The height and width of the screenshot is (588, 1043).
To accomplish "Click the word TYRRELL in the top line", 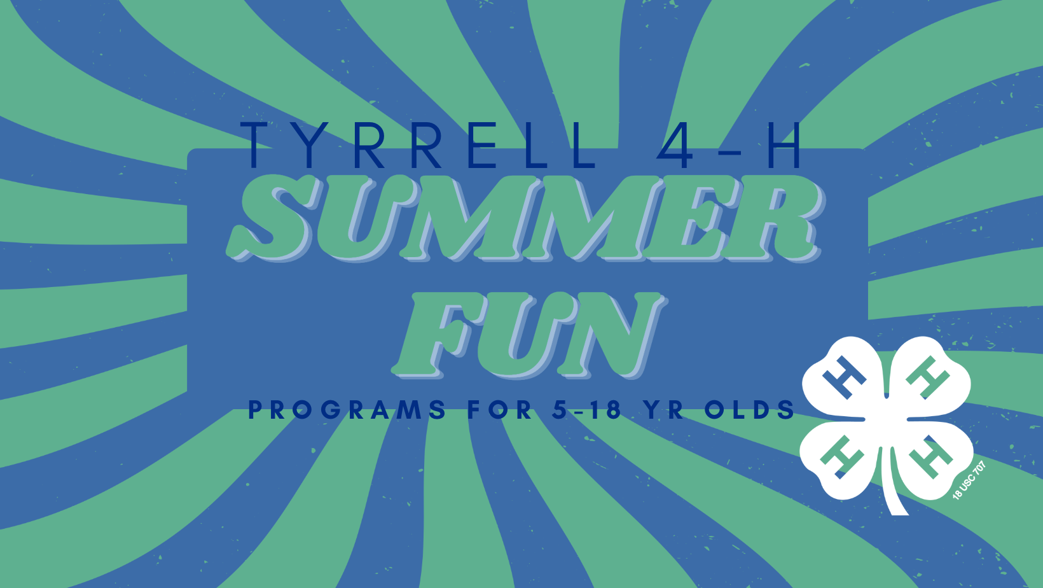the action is coord(417,145).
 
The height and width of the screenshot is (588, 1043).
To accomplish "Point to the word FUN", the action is coord(529,335).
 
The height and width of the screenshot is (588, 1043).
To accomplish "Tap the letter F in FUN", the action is coord(436,335).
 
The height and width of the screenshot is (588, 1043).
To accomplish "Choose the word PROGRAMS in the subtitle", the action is coord(347,410).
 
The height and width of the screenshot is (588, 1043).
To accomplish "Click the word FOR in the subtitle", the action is coord(499,410).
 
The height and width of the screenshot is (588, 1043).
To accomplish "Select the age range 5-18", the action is coord(586,410).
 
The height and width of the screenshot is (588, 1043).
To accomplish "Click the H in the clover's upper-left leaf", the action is coord(844,378).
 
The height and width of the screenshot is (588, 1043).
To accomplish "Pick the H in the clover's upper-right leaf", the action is coord(927,378).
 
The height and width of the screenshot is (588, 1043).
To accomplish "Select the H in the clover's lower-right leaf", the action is coord(930,457).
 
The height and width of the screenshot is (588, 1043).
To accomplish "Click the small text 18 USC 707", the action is coord(969,480).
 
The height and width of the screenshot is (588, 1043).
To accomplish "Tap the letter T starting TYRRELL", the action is coord(256,145).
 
